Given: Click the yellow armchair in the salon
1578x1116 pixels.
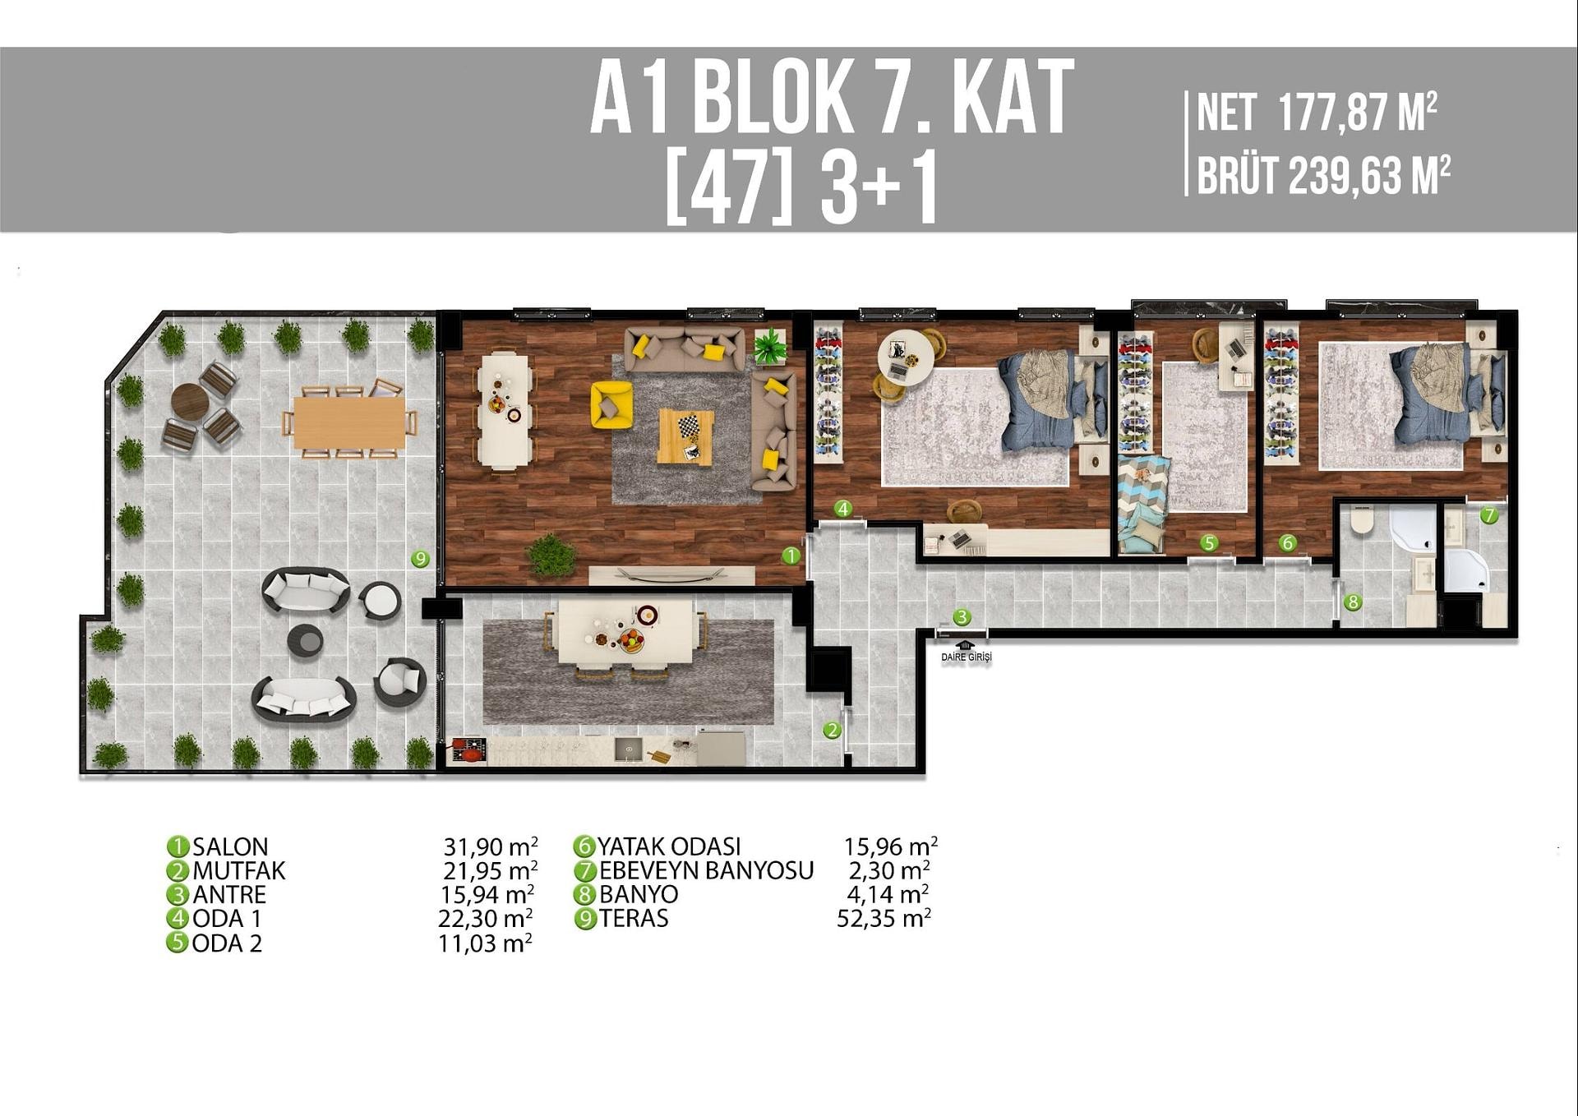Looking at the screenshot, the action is tap(611, 404).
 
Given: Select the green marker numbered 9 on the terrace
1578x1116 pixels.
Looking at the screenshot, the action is tap(421, 559).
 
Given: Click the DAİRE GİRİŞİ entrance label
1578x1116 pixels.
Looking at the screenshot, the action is tap(967, 657).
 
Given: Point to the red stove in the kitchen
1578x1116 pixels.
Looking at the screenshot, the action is tap(469, 750).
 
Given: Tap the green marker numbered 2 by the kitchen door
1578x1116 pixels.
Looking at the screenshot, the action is tap(833, 730).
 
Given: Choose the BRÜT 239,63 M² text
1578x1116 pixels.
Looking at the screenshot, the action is tap(1323, 175).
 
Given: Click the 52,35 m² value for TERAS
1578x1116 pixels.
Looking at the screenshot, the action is tap(884, 918).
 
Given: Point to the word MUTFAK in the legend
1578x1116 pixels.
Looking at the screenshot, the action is tap(239, 870).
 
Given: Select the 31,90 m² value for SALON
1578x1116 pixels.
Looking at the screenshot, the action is tap(491, 846).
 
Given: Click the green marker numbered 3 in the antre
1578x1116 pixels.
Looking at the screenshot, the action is tap(962, 616).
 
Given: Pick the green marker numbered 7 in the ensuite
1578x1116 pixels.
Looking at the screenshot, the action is tap(1489, 515).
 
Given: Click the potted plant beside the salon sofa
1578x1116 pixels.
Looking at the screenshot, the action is tap(769, 345).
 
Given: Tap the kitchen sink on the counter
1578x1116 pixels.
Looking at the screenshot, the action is tap(629, 749).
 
